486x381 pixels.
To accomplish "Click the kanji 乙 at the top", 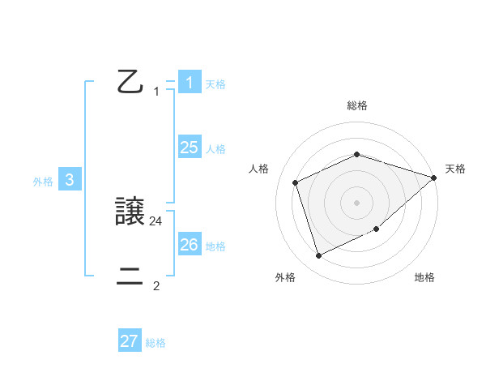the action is coord(130,83).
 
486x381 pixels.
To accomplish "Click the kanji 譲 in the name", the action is coord(130,212).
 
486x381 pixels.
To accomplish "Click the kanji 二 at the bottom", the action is coord(130,277).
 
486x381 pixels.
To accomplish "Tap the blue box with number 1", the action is coord(189,83).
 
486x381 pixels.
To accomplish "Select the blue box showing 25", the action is coord(189,148).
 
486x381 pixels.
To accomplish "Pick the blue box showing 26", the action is coord(189,245).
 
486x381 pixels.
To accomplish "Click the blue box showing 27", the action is coord(130,341).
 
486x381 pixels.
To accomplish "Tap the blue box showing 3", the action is coord(70,181).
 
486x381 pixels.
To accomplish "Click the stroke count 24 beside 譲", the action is coord(156,220).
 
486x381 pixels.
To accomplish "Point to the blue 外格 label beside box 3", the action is coord(43,182).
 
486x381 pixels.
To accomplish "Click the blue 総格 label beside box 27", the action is coord(156,344).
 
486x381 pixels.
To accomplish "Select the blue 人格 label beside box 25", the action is coord(215,150).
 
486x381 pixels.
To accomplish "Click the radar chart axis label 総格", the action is coord(356,105).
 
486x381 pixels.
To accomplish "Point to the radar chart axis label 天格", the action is coord(455,169).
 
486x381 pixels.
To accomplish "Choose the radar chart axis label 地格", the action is coord(424,277).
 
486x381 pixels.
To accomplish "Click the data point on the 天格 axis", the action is coord(434,178).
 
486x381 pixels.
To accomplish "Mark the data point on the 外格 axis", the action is coord(318,256).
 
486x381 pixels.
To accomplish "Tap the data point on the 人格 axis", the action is coord(296,182).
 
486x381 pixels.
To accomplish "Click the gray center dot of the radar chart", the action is coord(356,202).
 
